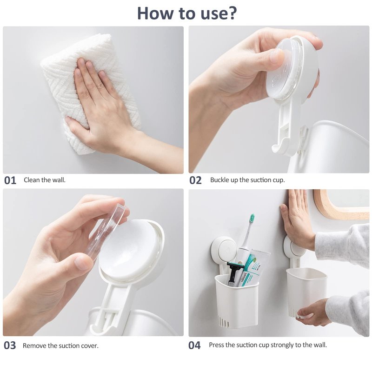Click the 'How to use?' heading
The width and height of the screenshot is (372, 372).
coord(187,13)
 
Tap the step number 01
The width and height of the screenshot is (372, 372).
coord(10,180)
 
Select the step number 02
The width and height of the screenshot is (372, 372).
coord(195,180)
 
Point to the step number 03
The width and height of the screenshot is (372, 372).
coord(10,345)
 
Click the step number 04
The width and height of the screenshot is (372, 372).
coord(194,345)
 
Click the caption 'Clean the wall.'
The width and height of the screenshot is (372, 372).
coord(44,180)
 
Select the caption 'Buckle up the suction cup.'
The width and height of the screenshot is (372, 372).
coord(247,180)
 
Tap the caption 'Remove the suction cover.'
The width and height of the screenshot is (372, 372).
coord(60,345)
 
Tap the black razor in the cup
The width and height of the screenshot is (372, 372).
coord(234,273)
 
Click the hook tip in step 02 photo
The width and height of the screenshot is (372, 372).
coord(275,149)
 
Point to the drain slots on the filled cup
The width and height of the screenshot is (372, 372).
coord(223,321)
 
